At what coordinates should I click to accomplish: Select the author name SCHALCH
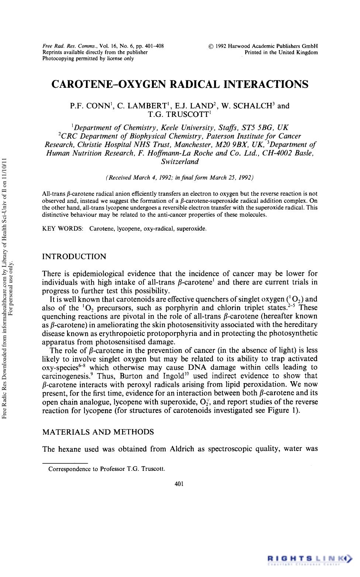[x=253, y=106]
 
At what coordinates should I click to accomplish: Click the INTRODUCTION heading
[x=74, y=257]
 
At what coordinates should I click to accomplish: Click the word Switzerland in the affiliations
[x=180, y=161]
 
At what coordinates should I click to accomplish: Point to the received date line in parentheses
[x=180, y=178]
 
